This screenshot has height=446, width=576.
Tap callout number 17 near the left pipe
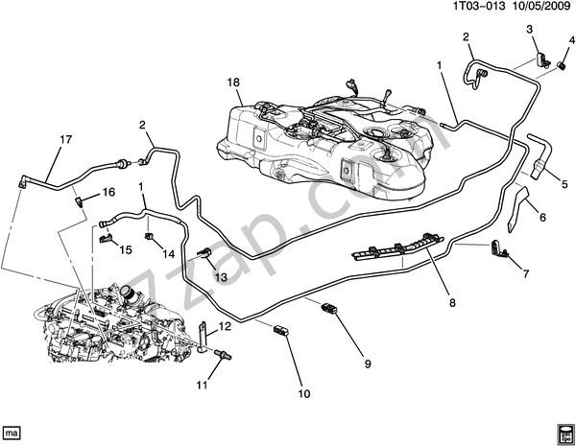coord(65,140)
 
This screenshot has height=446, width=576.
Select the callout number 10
coord(305,391)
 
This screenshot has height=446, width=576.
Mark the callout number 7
coord(527,274)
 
